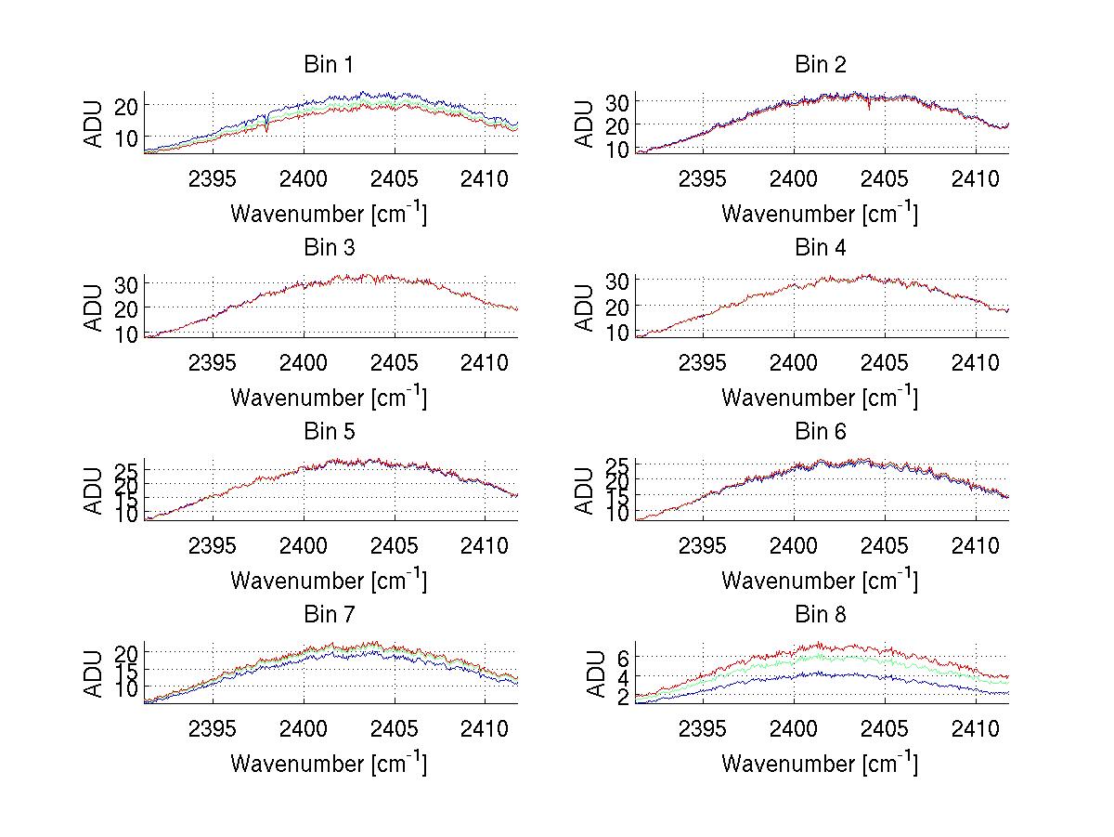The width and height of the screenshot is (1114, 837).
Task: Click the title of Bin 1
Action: pos(329,65)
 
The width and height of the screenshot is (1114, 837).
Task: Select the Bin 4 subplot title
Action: pos(820,248)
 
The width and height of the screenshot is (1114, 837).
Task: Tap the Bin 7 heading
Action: pos(329,615)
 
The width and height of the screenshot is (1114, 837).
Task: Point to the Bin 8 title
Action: pos(820,615)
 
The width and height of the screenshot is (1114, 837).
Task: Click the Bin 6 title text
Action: pos(820,432)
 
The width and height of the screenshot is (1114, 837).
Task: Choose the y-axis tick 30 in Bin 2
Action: pos(617,101)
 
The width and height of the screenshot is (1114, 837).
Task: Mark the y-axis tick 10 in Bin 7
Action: pos(127,687)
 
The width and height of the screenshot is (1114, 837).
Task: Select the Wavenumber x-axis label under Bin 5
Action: pos(329,581)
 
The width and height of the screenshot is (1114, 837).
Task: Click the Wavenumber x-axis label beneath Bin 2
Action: pos(820,214)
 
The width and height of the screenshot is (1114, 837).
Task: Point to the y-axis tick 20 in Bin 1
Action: pos(127,106)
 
